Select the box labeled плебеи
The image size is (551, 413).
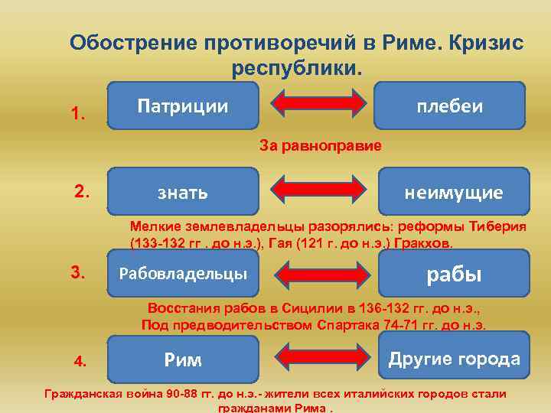tap(449, 105)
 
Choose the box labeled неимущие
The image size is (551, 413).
tap(454, 191)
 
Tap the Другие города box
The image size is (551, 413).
tap(454, 358)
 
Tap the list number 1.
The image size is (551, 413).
tap(78, 114)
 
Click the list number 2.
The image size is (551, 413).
tap(82, 192)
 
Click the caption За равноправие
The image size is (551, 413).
tap(321, 145)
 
